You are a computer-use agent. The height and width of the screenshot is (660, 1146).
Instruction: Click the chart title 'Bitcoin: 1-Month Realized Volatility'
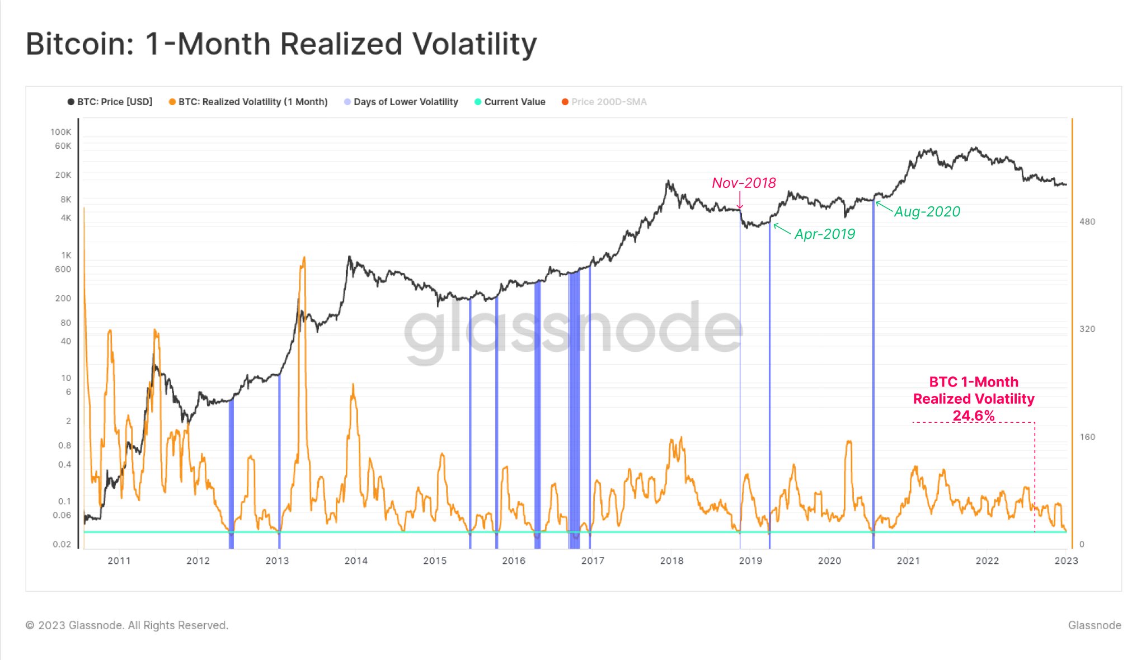(x=281, y=44)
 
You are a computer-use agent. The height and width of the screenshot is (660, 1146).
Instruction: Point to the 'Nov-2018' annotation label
(x=744, y=183)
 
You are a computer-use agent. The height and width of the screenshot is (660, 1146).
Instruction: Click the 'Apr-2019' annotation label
(x=824, y=234)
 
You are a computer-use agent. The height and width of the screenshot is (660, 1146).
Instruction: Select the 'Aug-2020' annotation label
(x=927, y=211)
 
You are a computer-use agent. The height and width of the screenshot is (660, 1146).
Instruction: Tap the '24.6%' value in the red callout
(x=974, y=416)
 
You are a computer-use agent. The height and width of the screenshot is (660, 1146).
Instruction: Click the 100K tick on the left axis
(x=60, y=132)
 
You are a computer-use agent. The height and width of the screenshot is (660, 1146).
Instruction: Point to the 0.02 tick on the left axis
(x=62, y=544)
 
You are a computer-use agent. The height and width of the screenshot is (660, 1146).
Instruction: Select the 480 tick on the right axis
(x=1087, y=221)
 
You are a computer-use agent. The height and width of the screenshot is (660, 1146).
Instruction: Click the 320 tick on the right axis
(x=1087, y=329)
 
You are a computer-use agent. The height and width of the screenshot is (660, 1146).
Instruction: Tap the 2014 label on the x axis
(x=356, y=560)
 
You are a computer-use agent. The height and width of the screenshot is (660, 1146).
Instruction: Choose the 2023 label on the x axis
(x=1065, y=560)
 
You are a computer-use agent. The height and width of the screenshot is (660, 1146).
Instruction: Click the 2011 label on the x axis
(x=119, y=560)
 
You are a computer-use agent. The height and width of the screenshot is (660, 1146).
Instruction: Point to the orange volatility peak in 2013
(x=304, y=258)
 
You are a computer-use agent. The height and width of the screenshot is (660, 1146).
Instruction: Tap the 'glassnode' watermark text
(x=574, y=330)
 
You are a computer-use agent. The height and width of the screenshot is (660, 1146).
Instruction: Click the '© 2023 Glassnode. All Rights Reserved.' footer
(x=127, y=625)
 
